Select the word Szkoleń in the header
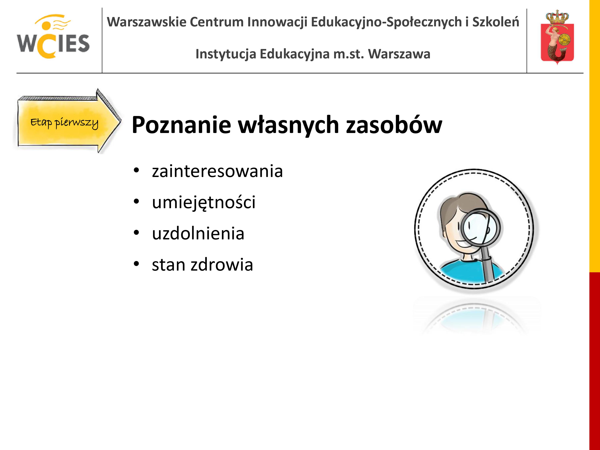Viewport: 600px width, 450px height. [x=496, y=22]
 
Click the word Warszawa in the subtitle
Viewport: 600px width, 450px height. [x=399, y=54]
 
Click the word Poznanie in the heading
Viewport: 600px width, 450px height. [x=181, y=125]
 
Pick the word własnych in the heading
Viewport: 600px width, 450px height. [x=289, y=125]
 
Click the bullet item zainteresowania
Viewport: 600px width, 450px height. [x=217, y=171]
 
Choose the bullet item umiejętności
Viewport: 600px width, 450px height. [x=204, y=202]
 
